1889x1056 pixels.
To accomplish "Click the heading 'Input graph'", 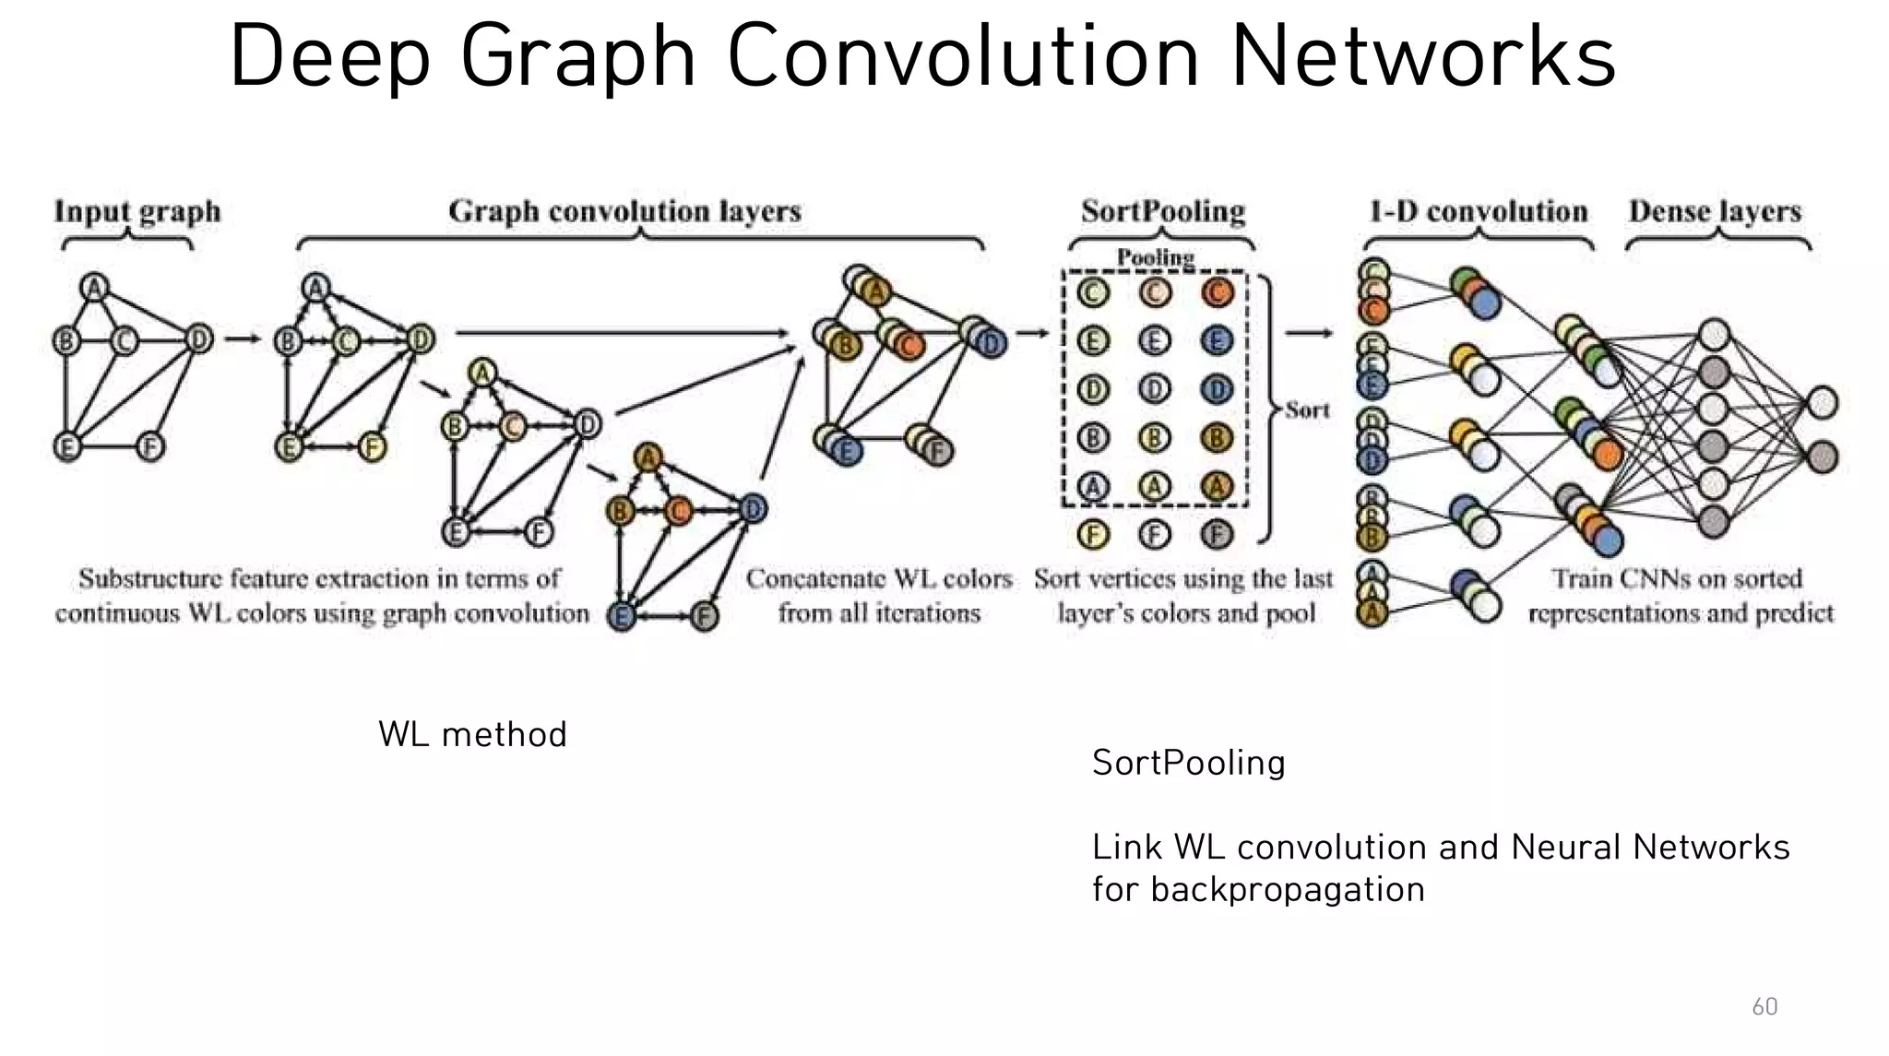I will tap(137, 211).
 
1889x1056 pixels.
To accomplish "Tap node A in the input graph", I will tap(94, 289).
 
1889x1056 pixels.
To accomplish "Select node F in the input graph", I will tap(150, 448).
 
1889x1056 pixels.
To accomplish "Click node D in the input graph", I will tap(198, 339).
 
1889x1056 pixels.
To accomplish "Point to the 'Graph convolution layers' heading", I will tap(624, 211).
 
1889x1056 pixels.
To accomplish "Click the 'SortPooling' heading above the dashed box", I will tap(1163, 211).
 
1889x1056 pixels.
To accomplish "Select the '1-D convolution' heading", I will tap(1479, 211).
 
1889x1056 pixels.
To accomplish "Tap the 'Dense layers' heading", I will tap(1715, 211).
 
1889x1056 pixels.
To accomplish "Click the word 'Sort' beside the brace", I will tap(1308, 409).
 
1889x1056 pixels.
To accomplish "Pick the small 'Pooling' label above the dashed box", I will tap(1156, 256).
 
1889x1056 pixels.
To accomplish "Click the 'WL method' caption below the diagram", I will tap(472, 735).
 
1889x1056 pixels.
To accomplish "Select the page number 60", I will tap(1764, 1006).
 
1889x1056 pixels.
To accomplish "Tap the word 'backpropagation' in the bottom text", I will tap(1288, 890).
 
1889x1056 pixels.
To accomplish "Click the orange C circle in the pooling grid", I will tap(1217, 293).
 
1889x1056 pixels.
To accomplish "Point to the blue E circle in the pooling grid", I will tap(1217, 342).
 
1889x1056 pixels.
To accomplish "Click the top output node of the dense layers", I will tap(1822, 403).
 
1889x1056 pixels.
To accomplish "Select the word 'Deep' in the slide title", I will tap(329, 56).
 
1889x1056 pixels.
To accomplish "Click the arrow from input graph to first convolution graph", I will tap(243, 339).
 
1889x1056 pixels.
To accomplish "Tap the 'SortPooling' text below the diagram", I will tap(1188, 763).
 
